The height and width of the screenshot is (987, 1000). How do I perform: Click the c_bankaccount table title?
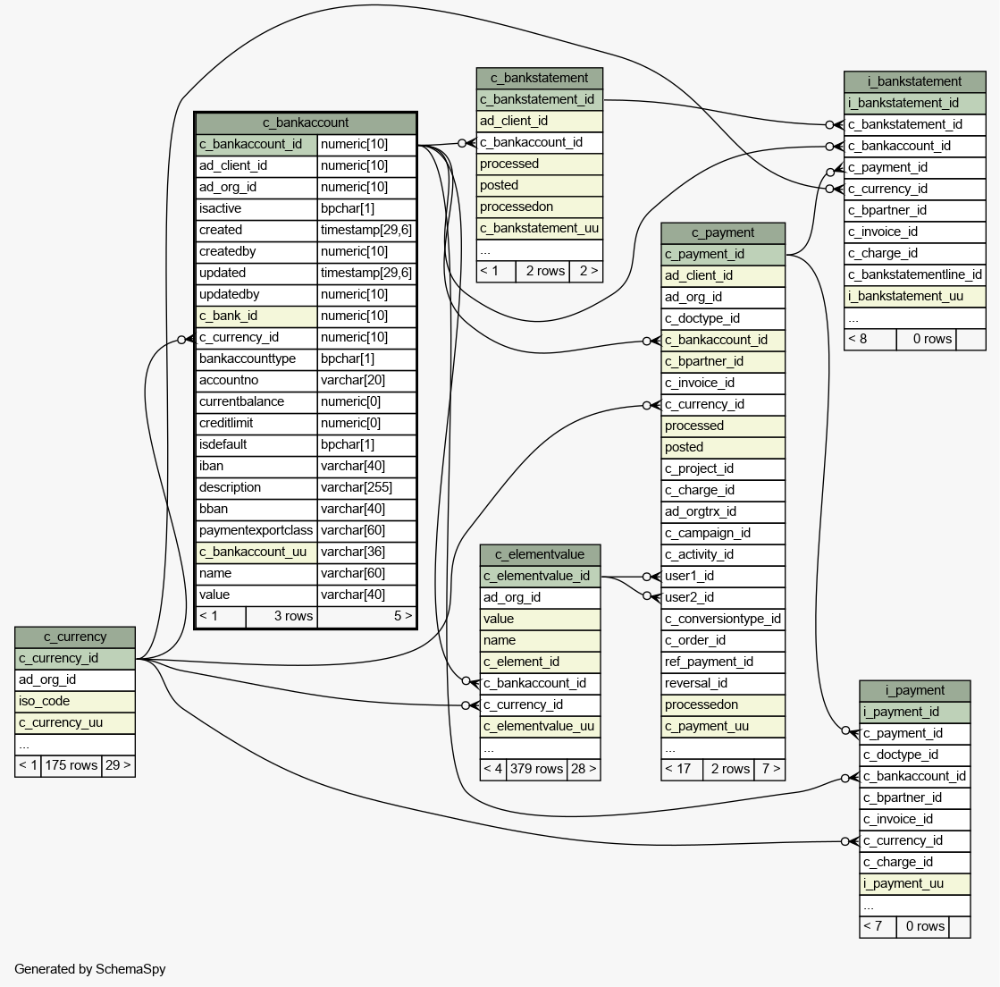[306, 122]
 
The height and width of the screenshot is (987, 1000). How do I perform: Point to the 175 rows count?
[71, 765]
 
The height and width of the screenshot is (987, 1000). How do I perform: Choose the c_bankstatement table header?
[540, 78]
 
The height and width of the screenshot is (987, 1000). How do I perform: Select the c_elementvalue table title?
[540, 554]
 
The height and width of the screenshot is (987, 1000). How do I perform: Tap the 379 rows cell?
[536, 769]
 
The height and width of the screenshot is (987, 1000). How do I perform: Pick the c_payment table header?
[723, 232]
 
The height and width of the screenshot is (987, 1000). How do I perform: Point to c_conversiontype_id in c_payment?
[723, 619]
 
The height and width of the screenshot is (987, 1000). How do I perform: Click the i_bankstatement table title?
[914, 81]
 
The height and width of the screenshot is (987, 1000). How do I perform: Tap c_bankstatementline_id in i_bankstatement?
[914, 275]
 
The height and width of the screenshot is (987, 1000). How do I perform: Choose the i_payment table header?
[914, 690]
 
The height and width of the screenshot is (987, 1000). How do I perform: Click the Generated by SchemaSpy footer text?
[90, 969]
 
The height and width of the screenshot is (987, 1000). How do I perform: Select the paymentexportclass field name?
[256, 530]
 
